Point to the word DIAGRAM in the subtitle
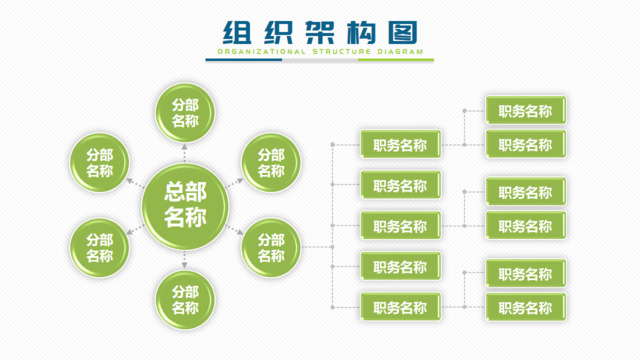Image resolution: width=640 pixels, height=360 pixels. point(398,51)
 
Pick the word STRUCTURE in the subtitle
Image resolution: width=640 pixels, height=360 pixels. point(341,51)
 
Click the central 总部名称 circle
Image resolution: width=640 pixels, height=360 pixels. point(185,204)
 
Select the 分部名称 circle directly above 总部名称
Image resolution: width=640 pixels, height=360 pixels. point(185,113)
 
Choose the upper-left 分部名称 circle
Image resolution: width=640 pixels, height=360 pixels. point(100,163)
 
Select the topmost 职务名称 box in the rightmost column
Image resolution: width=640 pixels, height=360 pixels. point(525,111)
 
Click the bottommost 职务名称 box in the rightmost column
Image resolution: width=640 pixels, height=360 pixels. point(525,308)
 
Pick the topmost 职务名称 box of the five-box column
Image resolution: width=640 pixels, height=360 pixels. point(399,145)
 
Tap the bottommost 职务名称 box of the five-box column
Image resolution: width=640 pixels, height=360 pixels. point(399,307)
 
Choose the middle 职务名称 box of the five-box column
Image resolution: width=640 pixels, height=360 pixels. point(399,226)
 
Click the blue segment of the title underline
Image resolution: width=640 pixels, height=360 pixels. point(246,60)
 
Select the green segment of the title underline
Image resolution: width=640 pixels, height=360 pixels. point(396,60)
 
